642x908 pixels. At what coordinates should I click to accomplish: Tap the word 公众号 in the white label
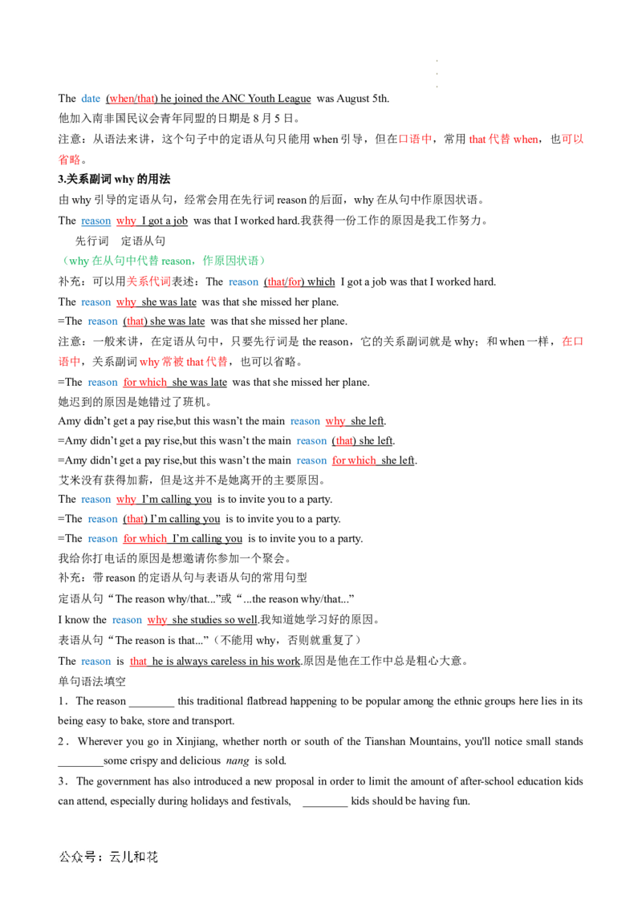pos(77,857)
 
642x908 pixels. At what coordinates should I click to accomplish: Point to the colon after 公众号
pos(101,857)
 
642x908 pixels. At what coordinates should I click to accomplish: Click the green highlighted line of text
pos(165,261)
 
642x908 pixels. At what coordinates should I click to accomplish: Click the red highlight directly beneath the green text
pos(149,282)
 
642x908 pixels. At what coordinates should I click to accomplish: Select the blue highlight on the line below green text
pos(244,282)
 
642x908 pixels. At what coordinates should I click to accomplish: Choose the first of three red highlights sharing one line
pos(415,140)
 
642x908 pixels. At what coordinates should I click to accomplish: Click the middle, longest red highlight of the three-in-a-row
pos(503,140)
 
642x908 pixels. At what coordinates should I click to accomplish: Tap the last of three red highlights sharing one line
pos(572,140)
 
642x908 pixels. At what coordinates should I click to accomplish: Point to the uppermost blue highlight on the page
pos(89,99)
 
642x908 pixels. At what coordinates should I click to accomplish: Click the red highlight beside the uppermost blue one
pos(132,100)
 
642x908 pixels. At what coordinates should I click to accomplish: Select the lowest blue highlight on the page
pos(96,662)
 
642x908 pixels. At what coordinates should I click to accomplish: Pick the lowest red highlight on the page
pos(138,662)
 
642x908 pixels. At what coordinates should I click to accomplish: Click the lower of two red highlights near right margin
pos(571,342)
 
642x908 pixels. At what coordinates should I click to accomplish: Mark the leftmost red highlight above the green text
pos(70,160)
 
